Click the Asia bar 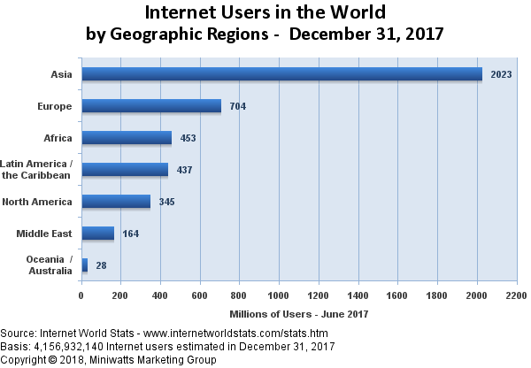[282, 74]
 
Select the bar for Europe [151, 106]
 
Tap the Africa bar [127, 138]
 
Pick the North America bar [116, 202]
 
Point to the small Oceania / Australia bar [85, 265]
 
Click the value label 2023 [501, 74]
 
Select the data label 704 [238, 106]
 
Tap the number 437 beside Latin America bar [185, 170]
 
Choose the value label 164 [131, 234]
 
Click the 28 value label [101, 265]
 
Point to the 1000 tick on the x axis [279, 295]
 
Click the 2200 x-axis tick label [517, 295]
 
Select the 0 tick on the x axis [81, 295]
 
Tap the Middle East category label [44, 234]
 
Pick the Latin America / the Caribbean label [36, 170]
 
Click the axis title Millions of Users [271, 314]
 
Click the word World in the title [358, 12]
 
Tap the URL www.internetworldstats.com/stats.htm [235, 333]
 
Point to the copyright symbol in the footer [52, 359]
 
